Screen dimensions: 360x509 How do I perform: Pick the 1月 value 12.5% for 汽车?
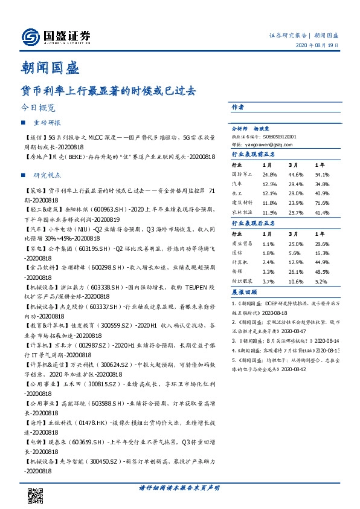(x=269, y=184)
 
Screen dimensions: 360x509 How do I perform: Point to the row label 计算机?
(x=240, y=262)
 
